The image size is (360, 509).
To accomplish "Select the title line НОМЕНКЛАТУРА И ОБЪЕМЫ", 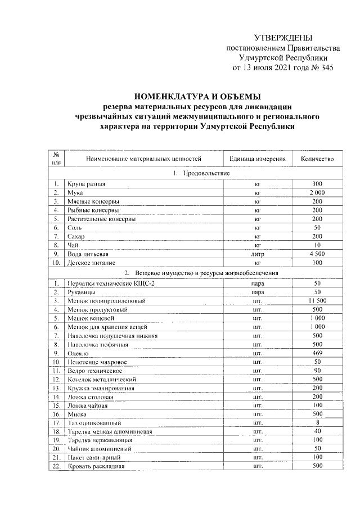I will (x=197, y=96).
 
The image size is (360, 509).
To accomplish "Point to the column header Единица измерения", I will (x=258, y=159).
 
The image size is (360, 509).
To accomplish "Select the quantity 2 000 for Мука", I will (x=317, y=192).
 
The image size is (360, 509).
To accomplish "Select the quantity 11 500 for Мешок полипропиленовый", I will (x=317, y=301).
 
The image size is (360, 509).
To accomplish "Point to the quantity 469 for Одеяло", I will (x=317, y=353).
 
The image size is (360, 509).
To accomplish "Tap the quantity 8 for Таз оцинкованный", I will (x=317, y=423).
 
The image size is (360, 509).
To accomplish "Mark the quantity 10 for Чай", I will (x=317, y=245).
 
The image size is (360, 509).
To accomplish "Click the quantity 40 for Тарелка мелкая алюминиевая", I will (x=317, y=431).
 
